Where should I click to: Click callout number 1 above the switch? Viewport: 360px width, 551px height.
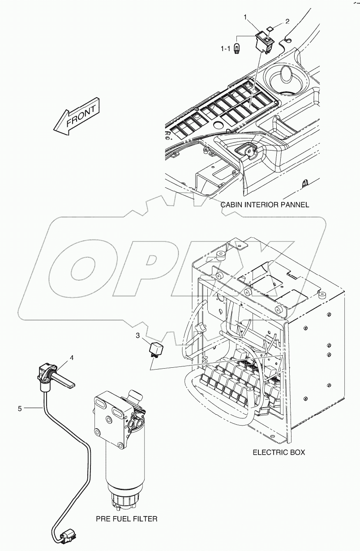tap(245, 17)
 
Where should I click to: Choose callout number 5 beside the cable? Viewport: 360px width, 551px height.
tap(19, 408)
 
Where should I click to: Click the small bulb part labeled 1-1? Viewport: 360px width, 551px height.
tap(237, 48)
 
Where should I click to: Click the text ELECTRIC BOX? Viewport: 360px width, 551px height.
tap(279, 452)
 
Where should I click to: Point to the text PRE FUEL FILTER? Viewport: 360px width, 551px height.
tap(127, 519)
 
